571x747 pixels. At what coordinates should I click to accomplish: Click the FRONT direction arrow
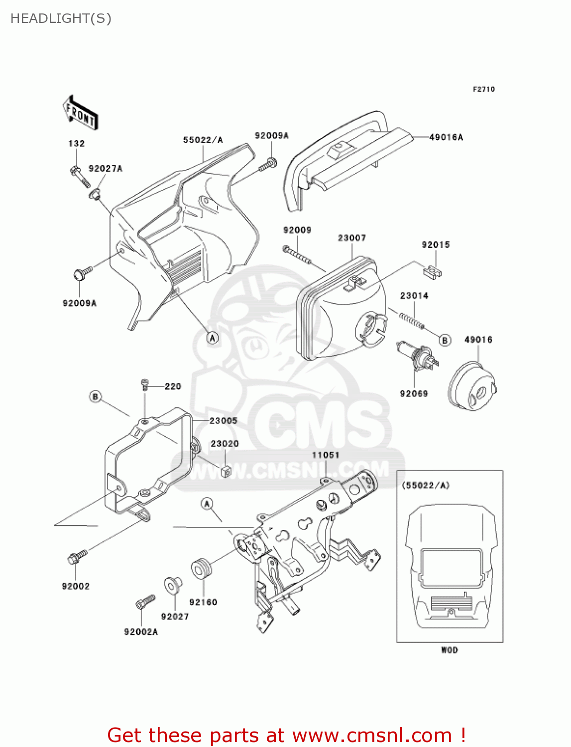click(x=80, y=113)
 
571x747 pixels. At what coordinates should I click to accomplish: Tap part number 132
click(x=77, y=143)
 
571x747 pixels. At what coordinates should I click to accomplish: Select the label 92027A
click(x=105, y=169)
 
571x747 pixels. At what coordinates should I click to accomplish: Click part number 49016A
click(x=446, y=137)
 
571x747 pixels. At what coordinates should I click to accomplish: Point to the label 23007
click(x=352, y=238)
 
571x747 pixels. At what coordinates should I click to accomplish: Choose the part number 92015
click(x=436, y=245)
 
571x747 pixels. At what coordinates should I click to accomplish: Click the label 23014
click(x=414, y=296)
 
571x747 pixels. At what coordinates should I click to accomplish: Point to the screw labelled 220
click(x=145, y=384)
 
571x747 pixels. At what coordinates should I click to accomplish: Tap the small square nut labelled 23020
click(x=226, y=471)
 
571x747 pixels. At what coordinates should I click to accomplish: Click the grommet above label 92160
click(x=201, y=569)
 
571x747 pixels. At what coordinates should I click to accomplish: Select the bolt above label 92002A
click(x=145, y=602)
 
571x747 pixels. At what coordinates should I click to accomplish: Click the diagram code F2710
click(x=483, y=89)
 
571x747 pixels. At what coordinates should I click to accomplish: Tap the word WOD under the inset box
click(x=450, y=650)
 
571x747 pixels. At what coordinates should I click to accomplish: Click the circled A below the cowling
click(x=213, y=338)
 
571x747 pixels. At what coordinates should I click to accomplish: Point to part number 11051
click(x=326, y=455)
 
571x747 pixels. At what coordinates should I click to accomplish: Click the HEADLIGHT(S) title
click(x=61, y=18)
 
